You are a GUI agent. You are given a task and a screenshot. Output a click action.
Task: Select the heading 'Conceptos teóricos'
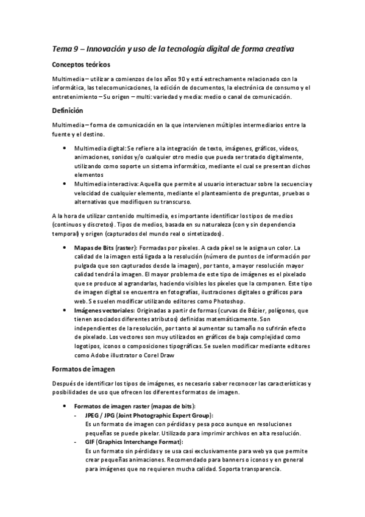[81, 65]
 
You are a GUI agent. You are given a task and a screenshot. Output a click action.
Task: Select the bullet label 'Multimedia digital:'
[100, 148]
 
